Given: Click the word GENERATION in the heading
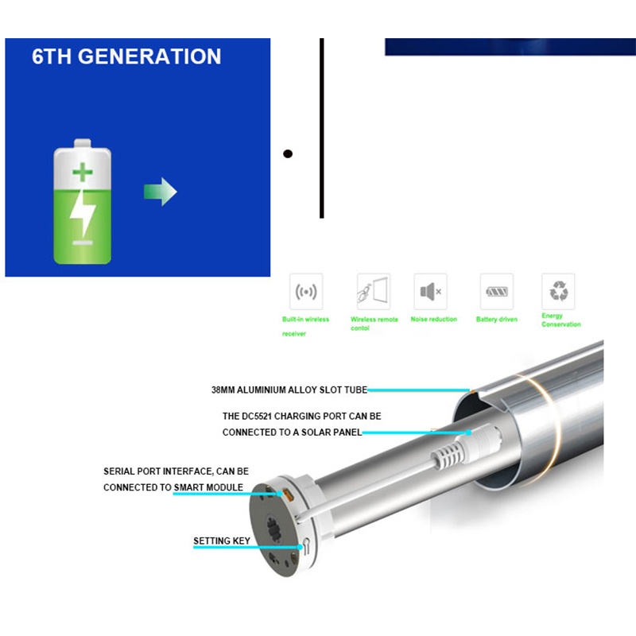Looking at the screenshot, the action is pyautogui.click(x=149, y=56).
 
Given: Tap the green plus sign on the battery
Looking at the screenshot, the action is pyautogui.click(x=83, y=172).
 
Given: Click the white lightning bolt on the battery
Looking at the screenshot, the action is pyautogui.click(x=83, y=212).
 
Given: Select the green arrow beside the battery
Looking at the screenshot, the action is pyautogui.click(x=161, y=192).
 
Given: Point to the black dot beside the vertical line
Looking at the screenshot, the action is pyautogui.click(x=288, y=153).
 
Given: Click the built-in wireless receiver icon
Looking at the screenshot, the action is pyautogui.click(x=306, y=292).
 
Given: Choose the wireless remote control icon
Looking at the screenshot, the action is pyautogui.click(x=374, y=292).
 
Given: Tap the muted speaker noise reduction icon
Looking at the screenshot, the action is pyautogui.click(x=430, y=292).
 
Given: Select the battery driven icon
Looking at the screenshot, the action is pyautogui.click(x=496, y=292).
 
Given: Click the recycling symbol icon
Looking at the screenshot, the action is pyautogui.click(x=558, y=292).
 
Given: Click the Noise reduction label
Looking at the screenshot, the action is pyautogui.click(x=433, y=320).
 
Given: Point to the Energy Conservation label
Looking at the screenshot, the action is pyautogui.click(x=561, y=320).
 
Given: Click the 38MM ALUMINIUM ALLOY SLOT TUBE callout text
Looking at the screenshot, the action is pyautogui.click(x=289, y=390).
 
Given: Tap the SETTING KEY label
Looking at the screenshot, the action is pyautogui.click(x=222, y=541).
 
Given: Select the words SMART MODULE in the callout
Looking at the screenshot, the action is pyautogui.click(x=208, y=487).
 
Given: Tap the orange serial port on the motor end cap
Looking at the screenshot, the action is pyautogui.click(x=289, y=494).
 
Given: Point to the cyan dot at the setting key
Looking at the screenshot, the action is pyautogui.click(x=300, y=547).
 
